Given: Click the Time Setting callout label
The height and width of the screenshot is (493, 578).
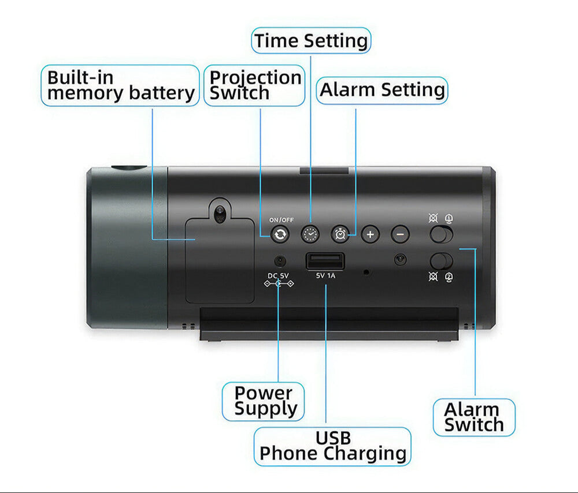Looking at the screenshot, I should pos(311,41).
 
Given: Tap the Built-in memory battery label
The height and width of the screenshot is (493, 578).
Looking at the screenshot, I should pos(120,85).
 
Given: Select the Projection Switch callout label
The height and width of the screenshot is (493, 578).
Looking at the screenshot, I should pos(254,85).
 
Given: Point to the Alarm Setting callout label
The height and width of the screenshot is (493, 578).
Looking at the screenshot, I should pos(382,90).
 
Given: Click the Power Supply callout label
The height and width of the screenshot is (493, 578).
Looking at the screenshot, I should pos(264,401).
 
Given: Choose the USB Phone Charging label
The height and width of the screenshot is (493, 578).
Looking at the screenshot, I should pos(332,446).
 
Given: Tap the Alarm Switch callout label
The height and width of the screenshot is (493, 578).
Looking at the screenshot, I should pos(474,417).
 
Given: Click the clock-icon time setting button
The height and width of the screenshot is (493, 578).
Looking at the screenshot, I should pos(310,234).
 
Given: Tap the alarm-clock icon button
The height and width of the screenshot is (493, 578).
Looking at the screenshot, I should pos(340,234).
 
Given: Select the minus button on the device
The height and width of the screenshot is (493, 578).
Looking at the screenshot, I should pos(400,234).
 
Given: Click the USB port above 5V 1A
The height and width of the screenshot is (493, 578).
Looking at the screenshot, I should pos(325,261).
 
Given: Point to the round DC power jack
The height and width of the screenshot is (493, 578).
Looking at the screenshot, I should pos(280,260).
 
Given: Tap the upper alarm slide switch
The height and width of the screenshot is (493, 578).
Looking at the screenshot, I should pos(442,234).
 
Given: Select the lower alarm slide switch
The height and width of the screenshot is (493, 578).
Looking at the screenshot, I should pos(442,260).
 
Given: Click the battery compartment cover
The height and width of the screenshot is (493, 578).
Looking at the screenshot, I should pos(220,260).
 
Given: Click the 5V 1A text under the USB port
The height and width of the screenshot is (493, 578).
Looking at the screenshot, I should pos(326,275).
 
